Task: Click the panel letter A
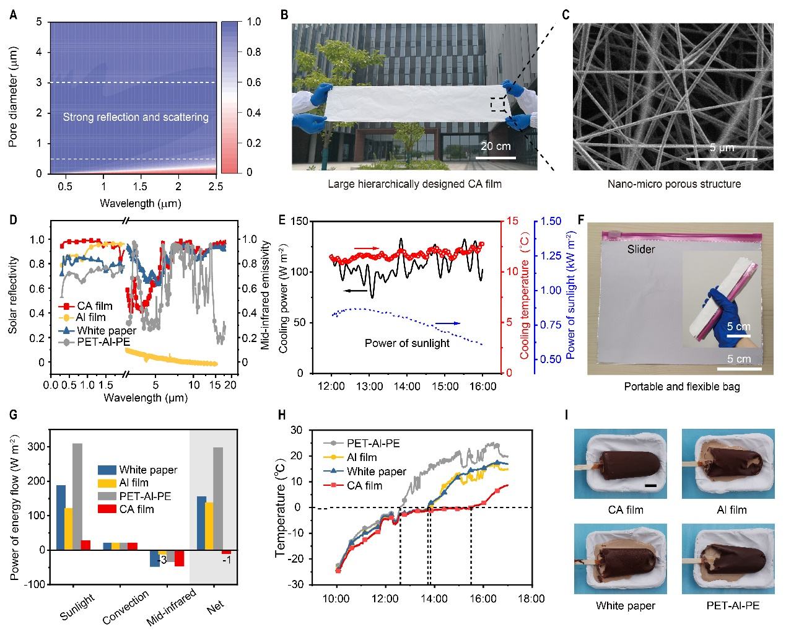click(14, 14)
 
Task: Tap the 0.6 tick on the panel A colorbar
click(254, 82)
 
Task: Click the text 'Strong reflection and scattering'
click(136, 117)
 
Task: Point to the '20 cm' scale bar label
click(496, 146)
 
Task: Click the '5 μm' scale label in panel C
click(722, 147)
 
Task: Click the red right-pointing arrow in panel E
click(367, 249)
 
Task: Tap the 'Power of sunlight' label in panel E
click(407, 343)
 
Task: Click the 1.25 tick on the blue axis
click(551, 256)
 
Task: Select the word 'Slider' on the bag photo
click(641, 249)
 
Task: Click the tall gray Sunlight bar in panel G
click(77, 496)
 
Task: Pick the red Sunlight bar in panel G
click(85, 545)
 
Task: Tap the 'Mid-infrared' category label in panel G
click(172, 607)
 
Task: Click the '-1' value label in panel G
click(227, 560)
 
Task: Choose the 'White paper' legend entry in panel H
click(376, 472)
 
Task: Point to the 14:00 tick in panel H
click(434, 599)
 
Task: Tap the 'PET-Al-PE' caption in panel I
click(733, 605)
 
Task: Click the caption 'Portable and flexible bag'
click(681, 387)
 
